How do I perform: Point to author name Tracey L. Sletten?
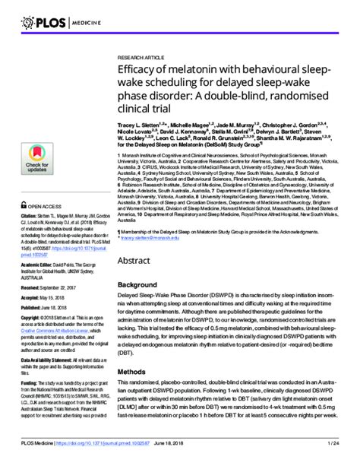point(143,124)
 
